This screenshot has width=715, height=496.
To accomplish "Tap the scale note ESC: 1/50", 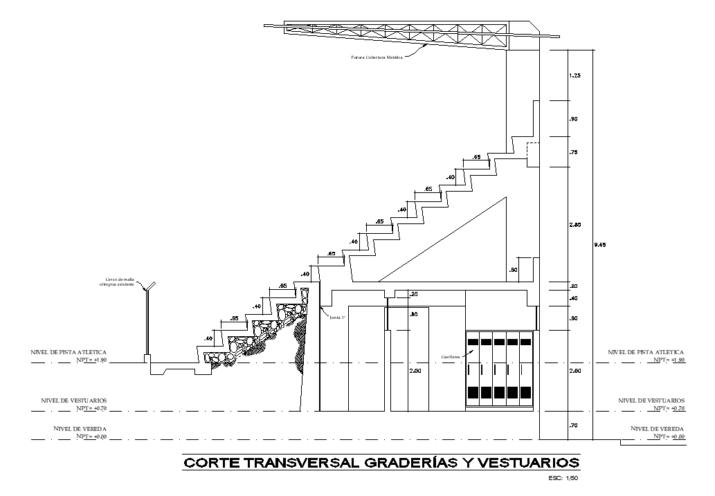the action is point(562,478).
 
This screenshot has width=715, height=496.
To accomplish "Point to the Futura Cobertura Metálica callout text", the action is point(377,57).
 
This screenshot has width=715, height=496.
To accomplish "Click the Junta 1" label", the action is point(338,318).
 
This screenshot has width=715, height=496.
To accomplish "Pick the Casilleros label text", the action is point(451,357).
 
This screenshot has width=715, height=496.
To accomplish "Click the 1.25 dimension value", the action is point(574,75).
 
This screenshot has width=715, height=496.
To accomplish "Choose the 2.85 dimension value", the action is point(574,225).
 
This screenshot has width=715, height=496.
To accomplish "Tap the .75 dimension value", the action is point(573,152).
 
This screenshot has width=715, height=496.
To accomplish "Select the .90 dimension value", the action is point(573,120).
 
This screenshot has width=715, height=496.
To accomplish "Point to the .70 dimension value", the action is point(573,425).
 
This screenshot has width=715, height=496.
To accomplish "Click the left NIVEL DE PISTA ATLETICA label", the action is point(68,352).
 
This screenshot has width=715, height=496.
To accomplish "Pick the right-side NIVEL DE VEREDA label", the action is point(657,429).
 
